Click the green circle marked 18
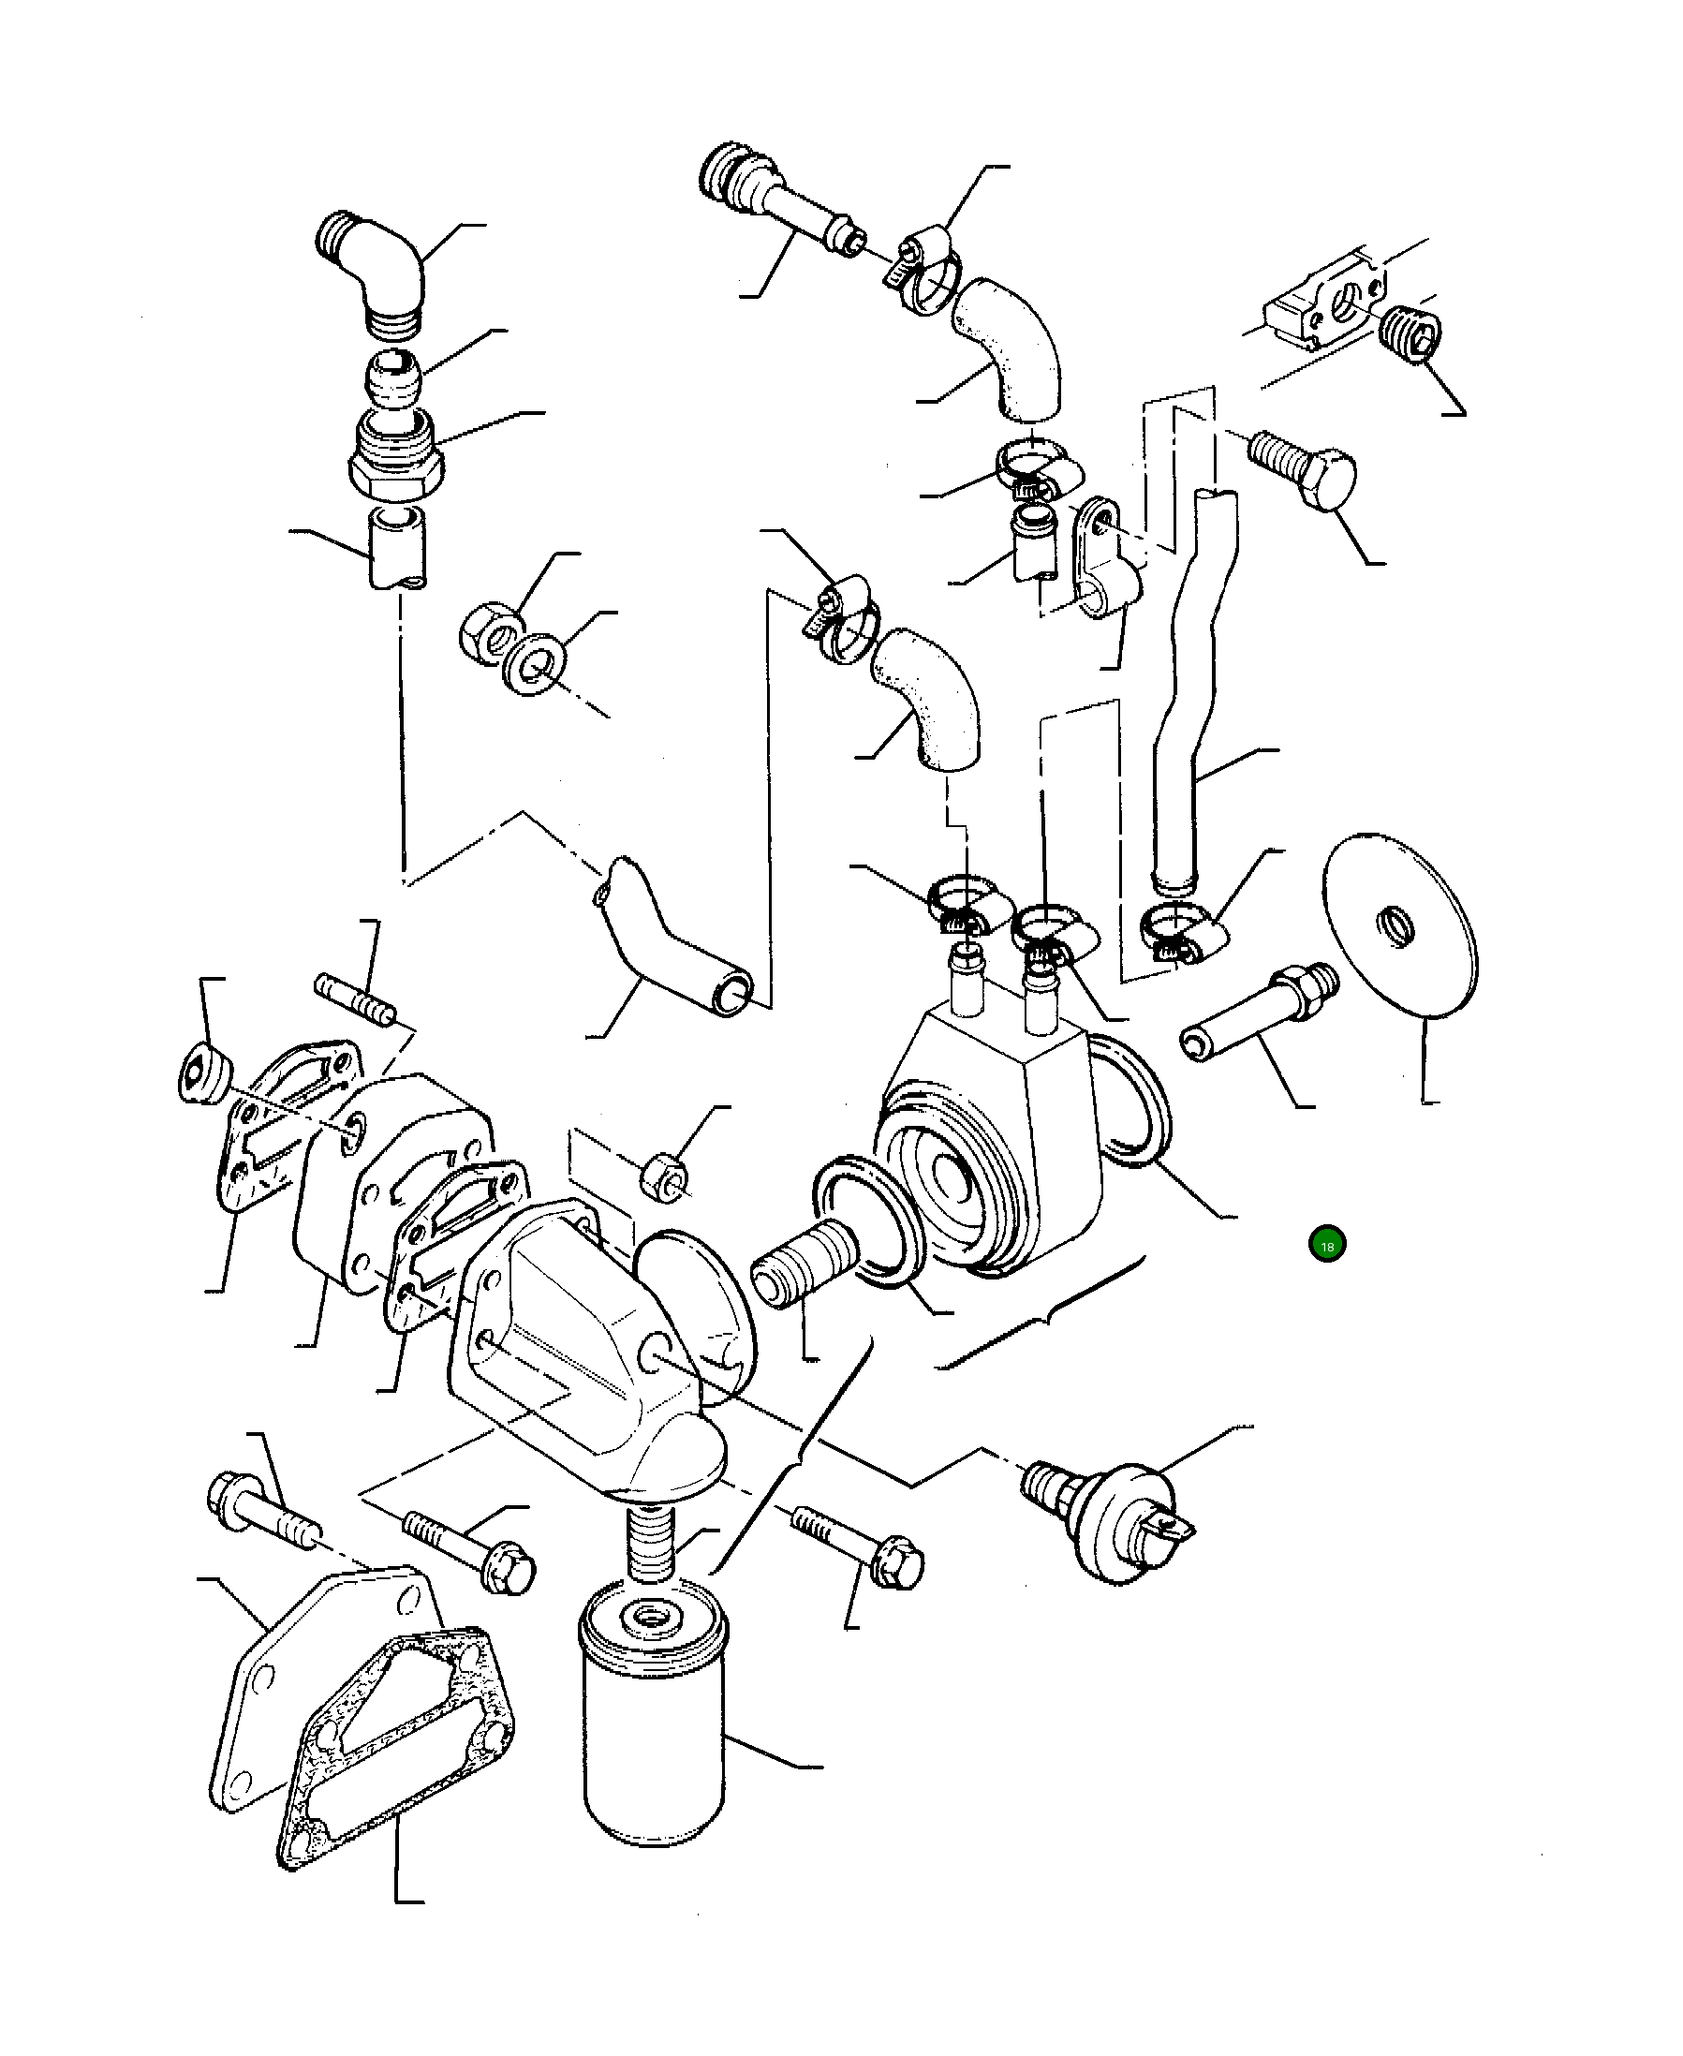coord(1326,1246)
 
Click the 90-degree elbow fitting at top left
coord(376,275)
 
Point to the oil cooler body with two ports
coord(989,1144)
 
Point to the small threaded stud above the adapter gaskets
coord(355,998)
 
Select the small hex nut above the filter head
coord(665,1174)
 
